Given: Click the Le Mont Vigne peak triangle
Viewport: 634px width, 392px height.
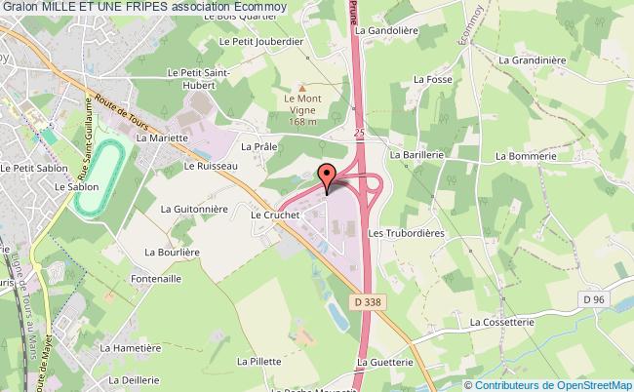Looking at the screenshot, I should coord(302,87).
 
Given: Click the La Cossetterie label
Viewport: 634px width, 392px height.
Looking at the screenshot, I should coord(503,321).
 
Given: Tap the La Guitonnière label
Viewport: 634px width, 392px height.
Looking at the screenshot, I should coord(193,209).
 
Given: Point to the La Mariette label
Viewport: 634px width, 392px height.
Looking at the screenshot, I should coord(160,138).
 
